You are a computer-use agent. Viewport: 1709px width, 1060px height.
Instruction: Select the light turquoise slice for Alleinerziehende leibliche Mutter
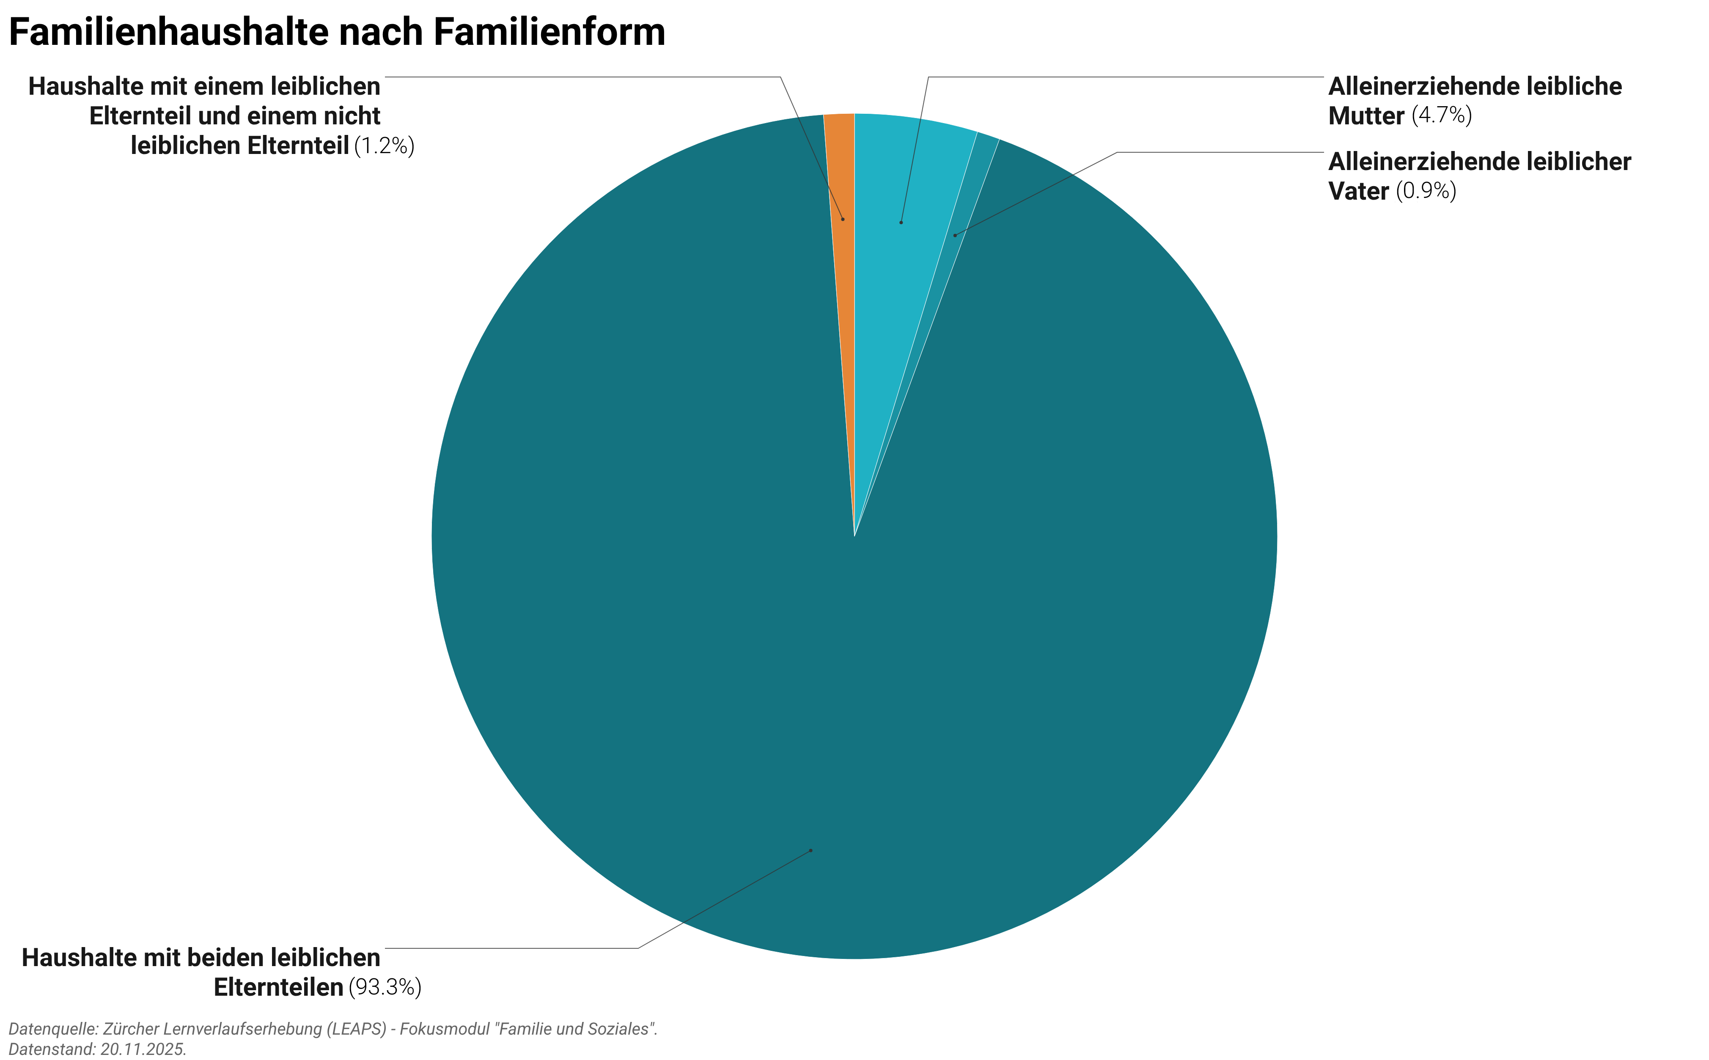[904, 182]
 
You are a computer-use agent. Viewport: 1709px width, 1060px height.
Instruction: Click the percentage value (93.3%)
[385, 987]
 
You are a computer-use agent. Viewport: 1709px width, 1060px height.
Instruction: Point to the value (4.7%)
[1441, 115]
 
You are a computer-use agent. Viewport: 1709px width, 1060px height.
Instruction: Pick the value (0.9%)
[1426, 191]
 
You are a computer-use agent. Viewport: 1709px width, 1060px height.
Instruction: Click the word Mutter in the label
[1366, 115]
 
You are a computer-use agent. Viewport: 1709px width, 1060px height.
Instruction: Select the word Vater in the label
[1358, 191]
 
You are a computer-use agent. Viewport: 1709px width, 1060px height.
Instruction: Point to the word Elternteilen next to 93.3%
[278, 987]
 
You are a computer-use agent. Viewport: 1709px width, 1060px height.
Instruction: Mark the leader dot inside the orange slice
[843, 220]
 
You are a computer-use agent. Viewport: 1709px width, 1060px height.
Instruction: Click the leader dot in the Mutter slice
[901, 222]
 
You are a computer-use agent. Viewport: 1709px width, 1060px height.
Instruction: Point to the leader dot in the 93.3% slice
[811, 850]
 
